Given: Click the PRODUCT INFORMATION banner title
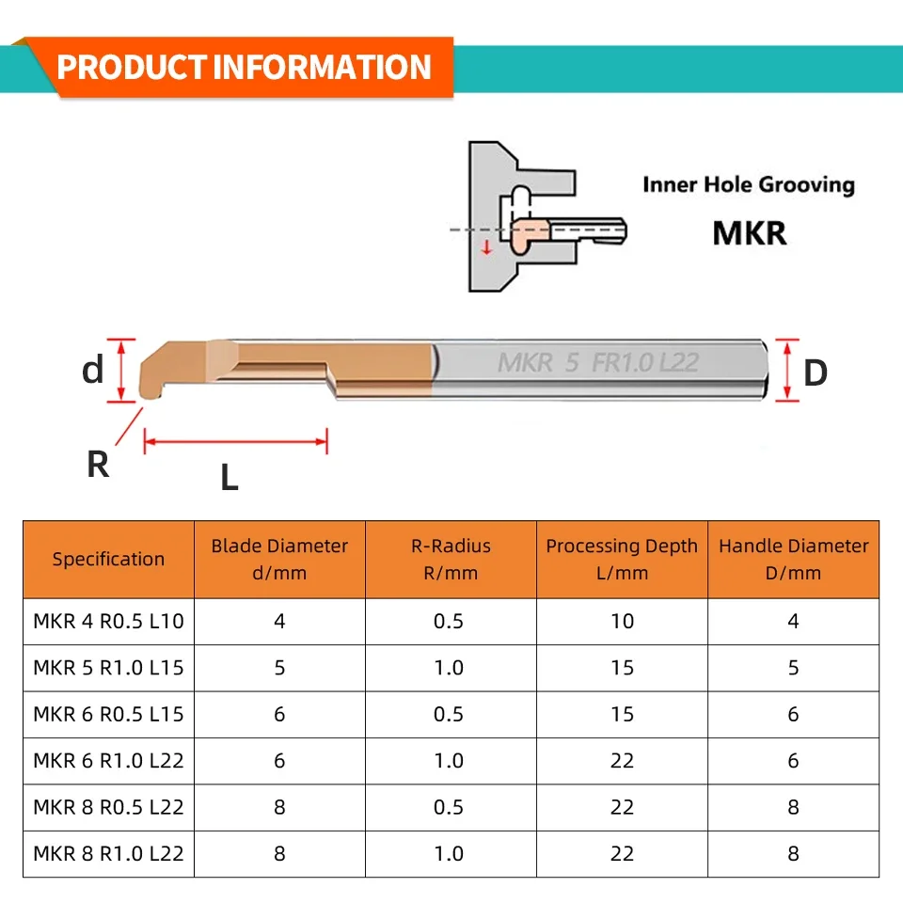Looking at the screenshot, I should point(245,68).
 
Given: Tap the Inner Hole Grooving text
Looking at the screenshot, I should point(748,184).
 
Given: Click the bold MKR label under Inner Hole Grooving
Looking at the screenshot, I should point(749,231).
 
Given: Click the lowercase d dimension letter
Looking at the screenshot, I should point(93,371).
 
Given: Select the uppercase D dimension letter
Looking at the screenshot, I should point(816,372).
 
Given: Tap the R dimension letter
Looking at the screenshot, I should point(98,464).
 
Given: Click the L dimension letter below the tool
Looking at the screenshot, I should point(230,479).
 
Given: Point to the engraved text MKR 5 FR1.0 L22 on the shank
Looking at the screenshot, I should point(597,363).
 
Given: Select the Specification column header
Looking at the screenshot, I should point(108,559).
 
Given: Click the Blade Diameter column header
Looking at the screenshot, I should point(279,559).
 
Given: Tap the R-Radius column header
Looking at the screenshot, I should point(451,559).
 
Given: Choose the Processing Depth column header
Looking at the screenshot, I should point(622,559).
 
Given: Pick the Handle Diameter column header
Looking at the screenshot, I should point(794,559).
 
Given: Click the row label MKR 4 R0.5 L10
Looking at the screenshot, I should point(108,621).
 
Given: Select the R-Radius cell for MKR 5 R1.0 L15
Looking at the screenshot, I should point(450,668).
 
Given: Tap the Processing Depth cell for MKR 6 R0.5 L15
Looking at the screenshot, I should point(622,714).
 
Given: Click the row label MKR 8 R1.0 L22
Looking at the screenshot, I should point(108,854).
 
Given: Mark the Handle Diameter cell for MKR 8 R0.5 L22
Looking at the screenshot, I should point(793,807).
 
